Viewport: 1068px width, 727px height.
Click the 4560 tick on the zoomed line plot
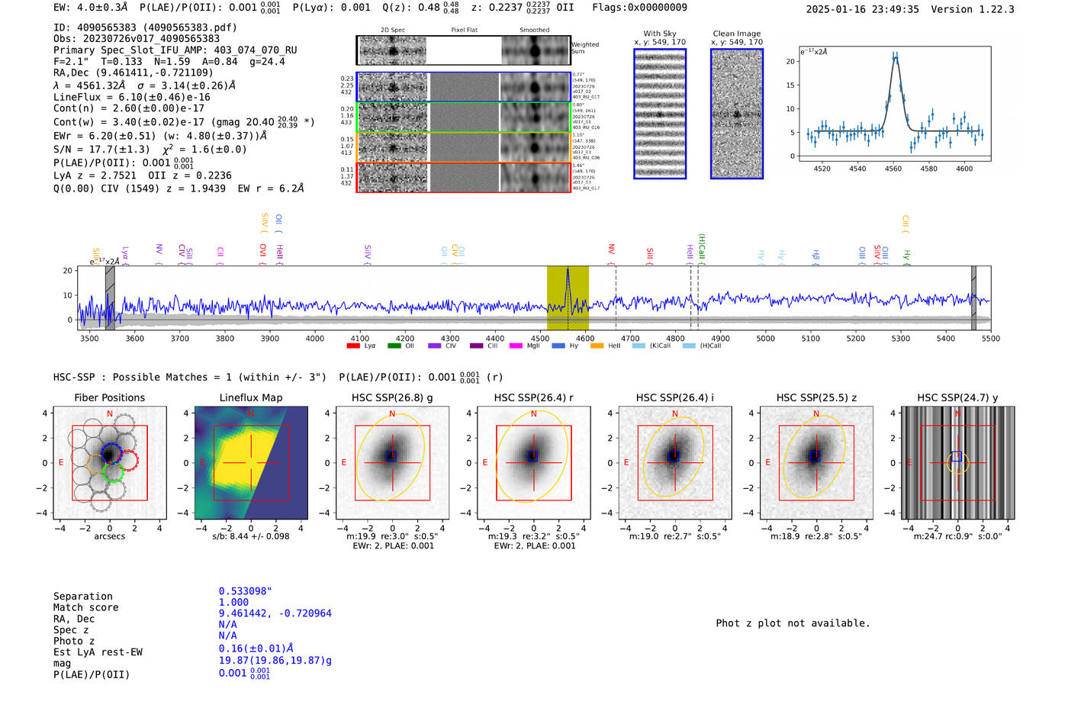(x=893, y=169)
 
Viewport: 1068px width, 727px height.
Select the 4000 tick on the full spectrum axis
(x=315, y=338)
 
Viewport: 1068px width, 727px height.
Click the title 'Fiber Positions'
(x=109, y=397)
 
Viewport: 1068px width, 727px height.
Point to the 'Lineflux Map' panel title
(x=250, y=397)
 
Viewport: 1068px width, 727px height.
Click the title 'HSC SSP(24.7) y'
(x=957, y=397)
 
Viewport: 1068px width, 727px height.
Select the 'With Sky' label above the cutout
(x=659, y=34)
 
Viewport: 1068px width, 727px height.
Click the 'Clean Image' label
(x=736, y=34)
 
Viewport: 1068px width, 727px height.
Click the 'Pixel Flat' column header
(x=464, y=30)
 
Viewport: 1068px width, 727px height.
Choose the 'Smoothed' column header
(x=534, y=30)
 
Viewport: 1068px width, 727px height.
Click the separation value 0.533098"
(x=245, y=591)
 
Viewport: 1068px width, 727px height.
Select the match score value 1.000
(x=233, y=602)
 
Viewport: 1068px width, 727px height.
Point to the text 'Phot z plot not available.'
(x=793, y=623)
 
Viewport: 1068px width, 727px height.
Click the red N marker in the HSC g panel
(x=392, y=414)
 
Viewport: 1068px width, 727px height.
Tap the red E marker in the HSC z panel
(x=767, y=463)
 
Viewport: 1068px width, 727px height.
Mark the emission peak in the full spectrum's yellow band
(x=568, y=270)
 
